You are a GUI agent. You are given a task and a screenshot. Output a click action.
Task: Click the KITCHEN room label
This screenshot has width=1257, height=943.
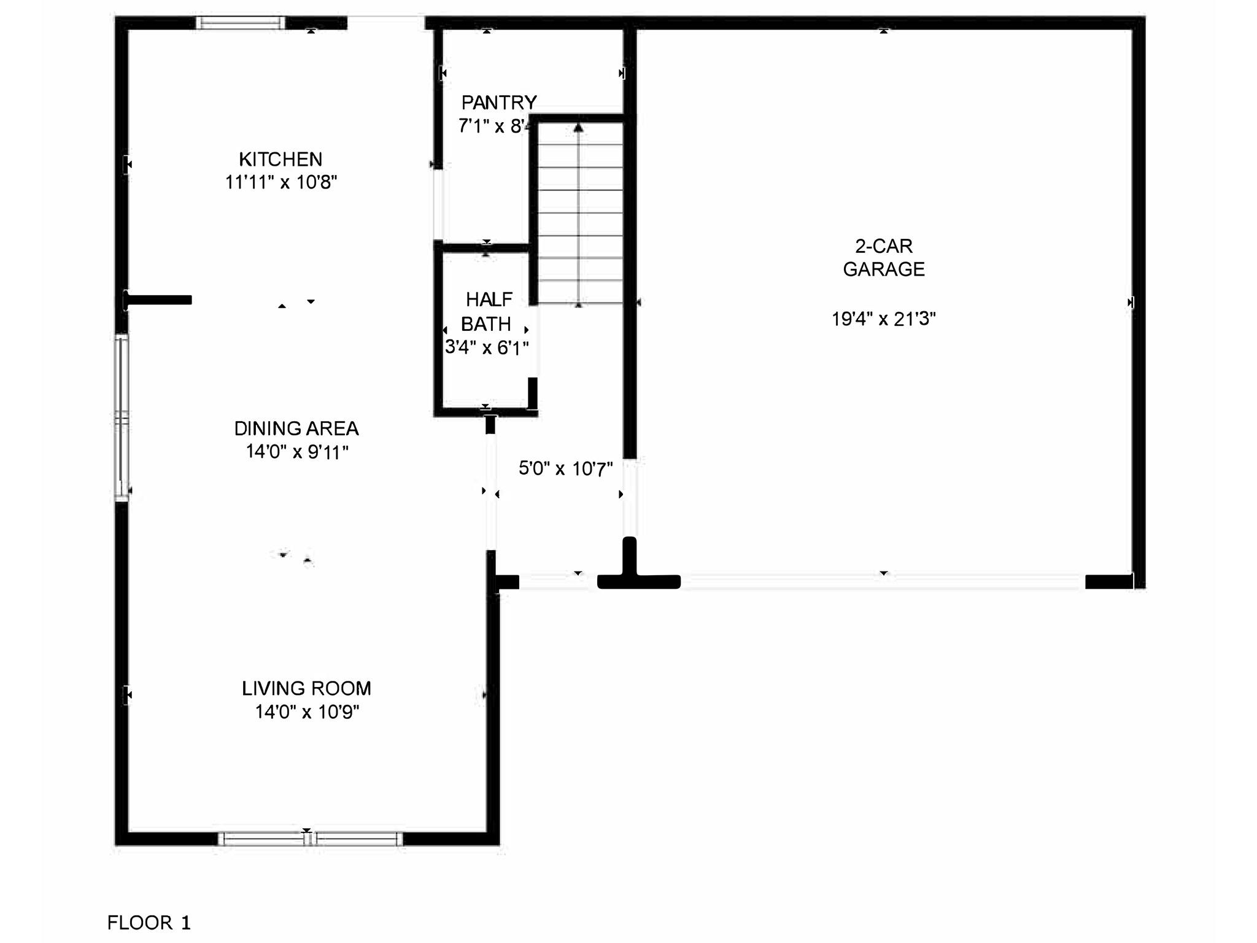click(280, 160)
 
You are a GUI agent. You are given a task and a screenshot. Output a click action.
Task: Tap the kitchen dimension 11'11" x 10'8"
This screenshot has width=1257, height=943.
click(281, 182)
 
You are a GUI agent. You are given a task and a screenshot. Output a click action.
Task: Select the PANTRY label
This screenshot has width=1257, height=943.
click(499, 103)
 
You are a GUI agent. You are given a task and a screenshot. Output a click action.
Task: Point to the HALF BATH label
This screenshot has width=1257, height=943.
click(487, 311)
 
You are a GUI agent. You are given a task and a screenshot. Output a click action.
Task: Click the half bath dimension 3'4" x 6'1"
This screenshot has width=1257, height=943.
click(487, 347)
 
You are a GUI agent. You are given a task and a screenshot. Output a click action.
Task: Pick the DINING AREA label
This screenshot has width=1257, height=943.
click(296, 429)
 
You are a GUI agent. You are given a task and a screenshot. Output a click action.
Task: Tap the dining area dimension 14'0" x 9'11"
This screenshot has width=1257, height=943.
click(297, 452)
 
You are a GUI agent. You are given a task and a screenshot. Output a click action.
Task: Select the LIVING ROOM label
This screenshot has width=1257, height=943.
click(306, 688)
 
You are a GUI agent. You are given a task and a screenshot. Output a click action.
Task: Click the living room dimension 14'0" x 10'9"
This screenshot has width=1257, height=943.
click(307, 712)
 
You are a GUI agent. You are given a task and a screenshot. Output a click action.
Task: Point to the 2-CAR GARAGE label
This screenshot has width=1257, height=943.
click(884, 257)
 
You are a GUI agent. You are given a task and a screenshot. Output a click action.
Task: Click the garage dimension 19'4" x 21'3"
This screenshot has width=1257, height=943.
click(884, 319)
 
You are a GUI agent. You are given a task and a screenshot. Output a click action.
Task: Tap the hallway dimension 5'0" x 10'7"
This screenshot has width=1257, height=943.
click(565, 469)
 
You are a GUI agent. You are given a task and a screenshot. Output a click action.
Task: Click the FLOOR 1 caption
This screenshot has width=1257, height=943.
click(149, 922)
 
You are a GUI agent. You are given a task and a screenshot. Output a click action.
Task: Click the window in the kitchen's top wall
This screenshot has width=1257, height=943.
click(241, 23)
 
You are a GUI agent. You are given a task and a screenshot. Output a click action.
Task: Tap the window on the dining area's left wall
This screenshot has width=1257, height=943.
click(122, 417)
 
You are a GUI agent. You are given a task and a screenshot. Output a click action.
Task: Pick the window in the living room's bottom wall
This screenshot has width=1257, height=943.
click(311, 839)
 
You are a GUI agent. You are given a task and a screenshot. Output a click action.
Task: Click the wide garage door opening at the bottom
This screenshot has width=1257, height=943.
click(883, 582)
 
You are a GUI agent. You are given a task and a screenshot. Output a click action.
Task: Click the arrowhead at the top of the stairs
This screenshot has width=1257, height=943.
click(578, 128)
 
